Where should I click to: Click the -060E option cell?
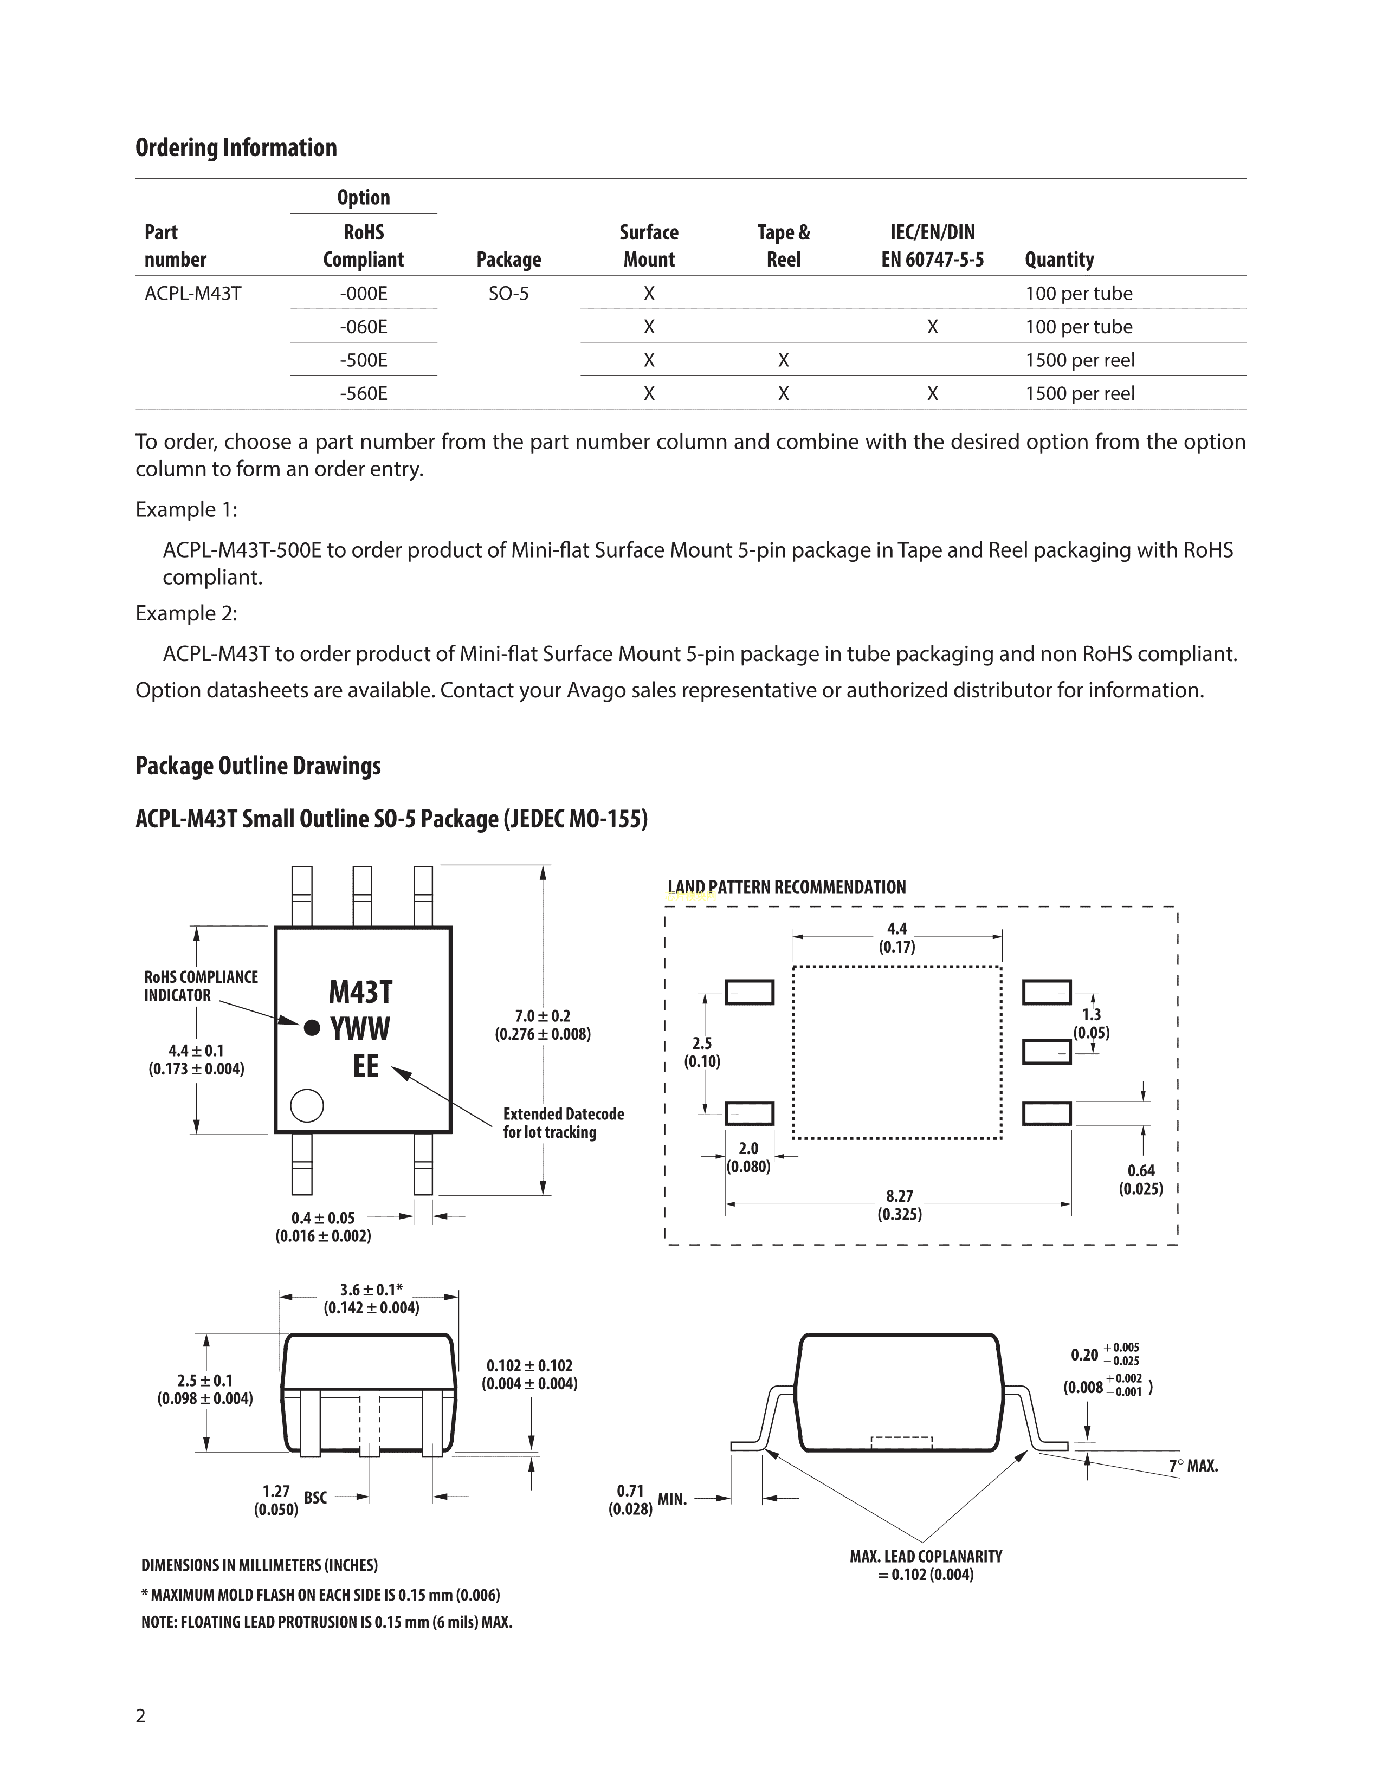click(x=364, y=327)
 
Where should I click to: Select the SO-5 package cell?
click(x=508, y=293)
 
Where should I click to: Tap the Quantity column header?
click(x=1058, y=260)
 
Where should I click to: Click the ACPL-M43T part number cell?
click(x=193, y=293)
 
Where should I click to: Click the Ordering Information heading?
click(x=236, y=147)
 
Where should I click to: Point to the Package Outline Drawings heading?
click(x=258, y=766)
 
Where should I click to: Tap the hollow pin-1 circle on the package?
click(x=307, y=1105)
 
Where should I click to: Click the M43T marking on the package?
click(x=360, y=992)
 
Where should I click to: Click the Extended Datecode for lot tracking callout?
click(x=563, y=1123)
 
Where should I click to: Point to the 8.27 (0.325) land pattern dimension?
click(x=899, y=1205)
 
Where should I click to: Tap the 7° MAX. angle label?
click(x=1193, y=1466)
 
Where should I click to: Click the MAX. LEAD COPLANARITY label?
click(x=925, y=1565)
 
